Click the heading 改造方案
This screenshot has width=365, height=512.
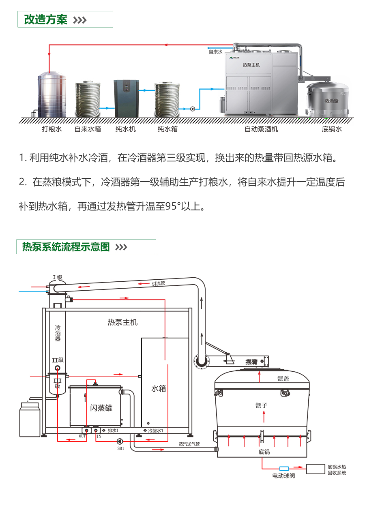[46, 19]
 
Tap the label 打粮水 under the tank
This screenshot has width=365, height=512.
[52, 129]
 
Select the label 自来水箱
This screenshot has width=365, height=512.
[88, 129]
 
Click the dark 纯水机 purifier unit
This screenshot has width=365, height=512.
[127, 98]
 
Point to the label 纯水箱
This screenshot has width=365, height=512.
[167, 129]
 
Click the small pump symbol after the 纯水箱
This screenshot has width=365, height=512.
[192, 109]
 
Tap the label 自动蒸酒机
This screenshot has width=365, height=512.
[261, 129]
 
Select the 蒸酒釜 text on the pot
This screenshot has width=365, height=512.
[331, 101]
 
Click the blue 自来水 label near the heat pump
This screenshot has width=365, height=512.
[215, 52]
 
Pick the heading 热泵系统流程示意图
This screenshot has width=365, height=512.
[66, 247]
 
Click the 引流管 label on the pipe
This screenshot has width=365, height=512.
[158, 284]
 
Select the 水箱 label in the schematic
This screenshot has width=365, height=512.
[159, 388]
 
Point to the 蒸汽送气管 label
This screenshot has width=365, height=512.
[189, 444]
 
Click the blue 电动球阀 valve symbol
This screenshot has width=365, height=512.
[284, 469]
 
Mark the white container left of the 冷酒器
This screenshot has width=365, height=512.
[30, 420]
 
